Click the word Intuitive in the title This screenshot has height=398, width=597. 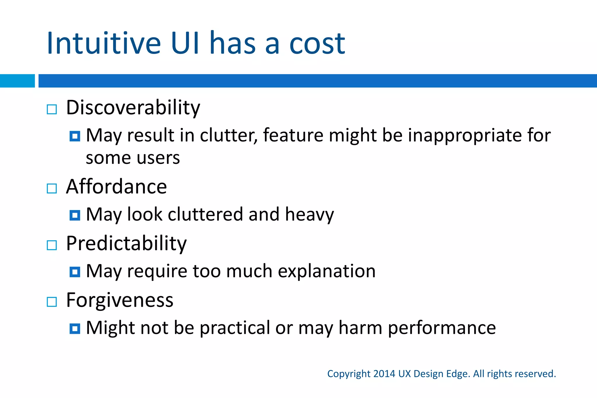pos(104,44)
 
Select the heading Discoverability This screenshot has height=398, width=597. pos(133,108)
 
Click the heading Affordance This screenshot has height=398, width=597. pos(116,187)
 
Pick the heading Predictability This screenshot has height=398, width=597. pos(126,243)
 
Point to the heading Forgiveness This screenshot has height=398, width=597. pos(120,300)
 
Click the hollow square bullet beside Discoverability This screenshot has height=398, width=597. pos(52,110)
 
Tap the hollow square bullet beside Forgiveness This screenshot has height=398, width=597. pos(52,302)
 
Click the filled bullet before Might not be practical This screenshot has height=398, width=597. pos(75,329)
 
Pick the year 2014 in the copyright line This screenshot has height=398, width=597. pos(384,374)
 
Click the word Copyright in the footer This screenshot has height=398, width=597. pos(349,374)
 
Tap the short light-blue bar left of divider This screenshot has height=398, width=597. pos(17,81)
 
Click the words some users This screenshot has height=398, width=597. pos(133,158)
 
